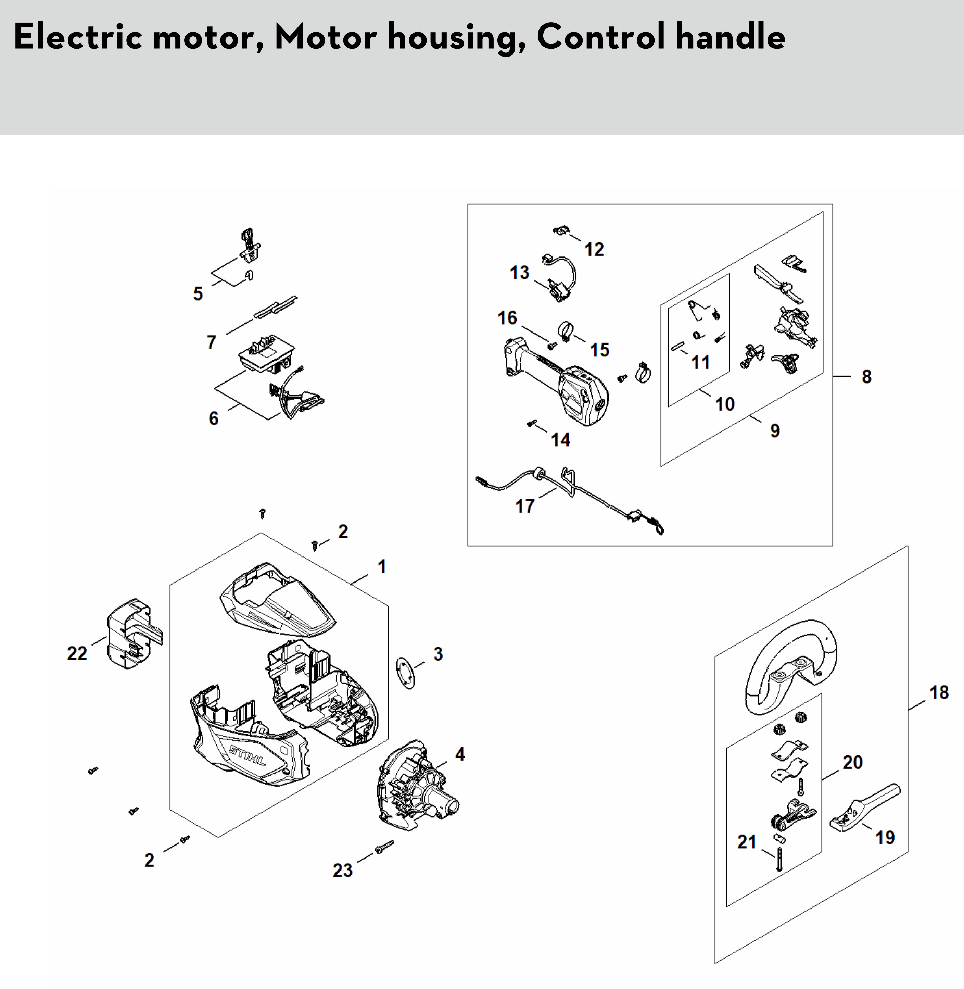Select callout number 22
coord(77,653)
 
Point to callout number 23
coord(342,871)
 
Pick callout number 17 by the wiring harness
coord(524,505)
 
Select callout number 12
coord(594,249)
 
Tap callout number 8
coord(866,376)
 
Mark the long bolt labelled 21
coord(779,859)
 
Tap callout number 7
coord(212,342)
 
